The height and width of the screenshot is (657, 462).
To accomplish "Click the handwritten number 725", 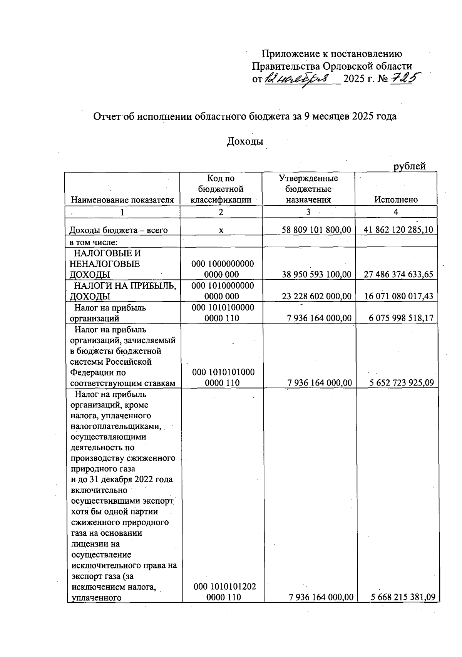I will (x=405, y=79).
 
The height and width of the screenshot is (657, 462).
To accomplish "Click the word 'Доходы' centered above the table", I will (x=245, y=141).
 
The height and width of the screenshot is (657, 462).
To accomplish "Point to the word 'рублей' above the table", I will (x=409, y=166).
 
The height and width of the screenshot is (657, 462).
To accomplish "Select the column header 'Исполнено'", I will (x=396, y=199).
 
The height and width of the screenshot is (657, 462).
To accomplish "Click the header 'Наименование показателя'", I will (x=122, y=199).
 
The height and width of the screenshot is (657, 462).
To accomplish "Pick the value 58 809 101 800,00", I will (x=316, y=230).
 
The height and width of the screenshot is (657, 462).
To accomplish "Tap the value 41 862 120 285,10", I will (x=398, y=230).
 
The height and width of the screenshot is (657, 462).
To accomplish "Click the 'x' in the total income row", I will (x=221, y=230).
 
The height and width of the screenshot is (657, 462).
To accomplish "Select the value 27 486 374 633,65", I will (x=398, y=275).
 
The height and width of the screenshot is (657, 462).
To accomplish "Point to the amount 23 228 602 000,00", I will (x=316, y=296).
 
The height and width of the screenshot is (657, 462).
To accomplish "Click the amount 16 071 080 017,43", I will (x=398, y=296).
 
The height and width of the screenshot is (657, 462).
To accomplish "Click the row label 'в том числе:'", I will (x=93, y=242).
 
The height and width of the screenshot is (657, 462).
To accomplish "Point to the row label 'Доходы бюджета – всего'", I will (x=118, y=230).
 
